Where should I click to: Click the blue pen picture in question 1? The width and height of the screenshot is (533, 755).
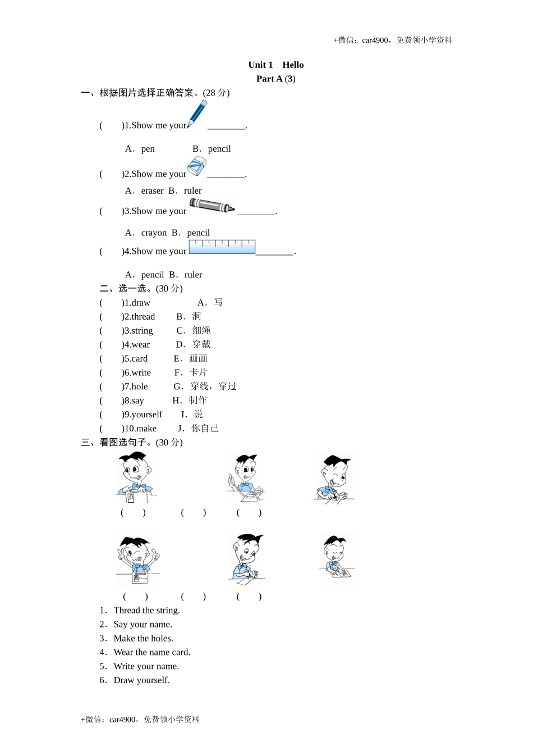click(197, 115)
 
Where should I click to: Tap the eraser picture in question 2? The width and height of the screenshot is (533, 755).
click(196, 166)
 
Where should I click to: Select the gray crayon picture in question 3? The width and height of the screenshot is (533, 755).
click(212, 206)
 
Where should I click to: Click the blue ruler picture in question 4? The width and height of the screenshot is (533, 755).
click(222, 247)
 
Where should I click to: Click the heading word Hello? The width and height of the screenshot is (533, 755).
click(293, 65)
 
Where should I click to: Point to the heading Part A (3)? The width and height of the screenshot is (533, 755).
click(275, 79)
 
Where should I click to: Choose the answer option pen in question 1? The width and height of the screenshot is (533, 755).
click(148, 149)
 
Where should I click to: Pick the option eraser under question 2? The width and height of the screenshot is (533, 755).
click(152, 191)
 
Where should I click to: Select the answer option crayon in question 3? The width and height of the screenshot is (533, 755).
click(154, 233)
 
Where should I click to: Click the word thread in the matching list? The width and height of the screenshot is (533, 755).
click(143, 317)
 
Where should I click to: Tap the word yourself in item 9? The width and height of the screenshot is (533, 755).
click(146, 415)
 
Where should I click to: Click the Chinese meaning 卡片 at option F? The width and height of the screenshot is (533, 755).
click(198, 372)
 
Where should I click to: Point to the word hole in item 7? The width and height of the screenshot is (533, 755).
click(140, 386)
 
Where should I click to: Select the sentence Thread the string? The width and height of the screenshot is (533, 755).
click(146, 611)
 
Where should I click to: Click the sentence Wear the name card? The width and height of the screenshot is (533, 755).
click(151, 652)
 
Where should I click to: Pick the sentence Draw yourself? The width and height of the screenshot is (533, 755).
click(141, 680)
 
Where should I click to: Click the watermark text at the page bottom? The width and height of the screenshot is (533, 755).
click(140, 720)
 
